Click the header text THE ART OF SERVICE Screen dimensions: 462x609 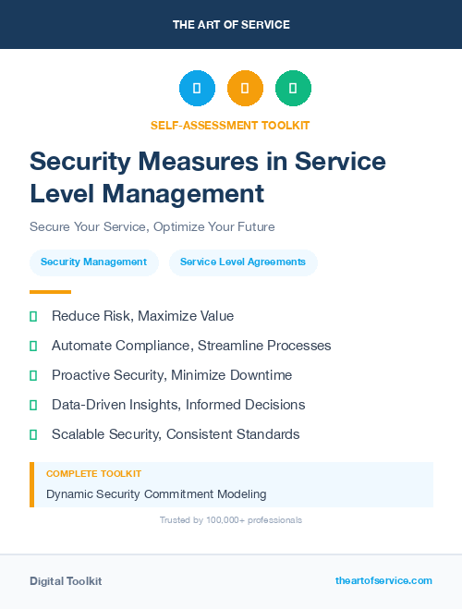click(x=231, y=24)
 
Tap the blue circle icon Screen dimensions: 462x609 click(x=197, y=88)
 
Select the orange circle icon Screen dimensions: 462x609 click(x=245, y=88)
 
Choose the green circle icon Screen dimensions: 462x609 click(x=293, y=88)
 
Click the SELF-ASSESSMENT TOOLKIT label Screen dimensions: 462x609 click(x=230, y=125)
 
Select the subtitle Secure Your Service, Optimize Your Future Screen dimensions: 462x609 click(x=152, y=226)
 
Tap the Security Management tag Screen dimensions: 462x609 click(x=93, y=262)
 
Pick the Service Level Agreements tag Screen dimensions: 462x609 click(x=243, y=262)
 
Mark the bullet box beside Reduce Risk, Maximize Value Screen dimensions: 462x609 click(x=33, y=316)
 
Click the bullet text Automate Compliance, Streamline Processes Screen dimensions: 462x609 click(x=191, y=346)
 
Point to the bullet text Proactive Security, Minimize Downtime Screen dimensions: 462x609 click(x=172, y=375)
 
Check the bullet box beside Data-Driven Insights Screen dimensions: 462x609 click(x=33, y=405)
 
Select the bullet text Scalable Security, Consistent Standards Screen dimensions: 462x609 click(x=176, y=434)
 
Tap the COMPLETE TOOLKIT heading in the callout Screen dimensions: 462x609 click(x=94, y=474)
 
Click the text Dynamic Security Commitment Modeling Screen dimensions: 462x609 click(x=156, y=493)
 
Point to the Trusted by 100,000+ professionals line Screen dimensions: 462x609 click(x=230, y=520)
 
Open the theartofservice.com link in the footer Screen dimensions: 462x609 click(x=383, y=580)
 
